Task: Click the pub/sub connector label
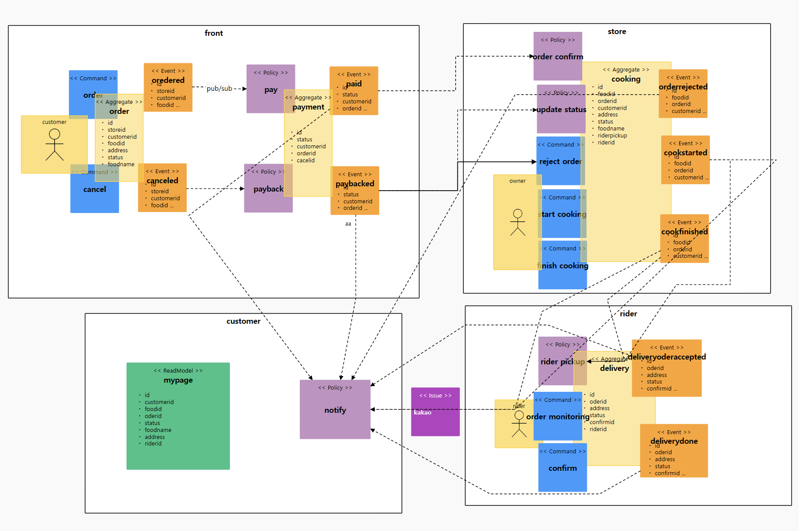click(219, 89)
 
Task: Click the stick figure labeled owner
click(518, 223)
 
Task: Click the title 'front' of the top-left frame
click(214, 33)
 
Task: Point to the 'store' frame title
click(617, 31)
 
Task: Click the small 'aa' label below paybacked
click(348, 224)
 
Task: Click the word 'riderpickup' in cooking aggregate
click(612, 136)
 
